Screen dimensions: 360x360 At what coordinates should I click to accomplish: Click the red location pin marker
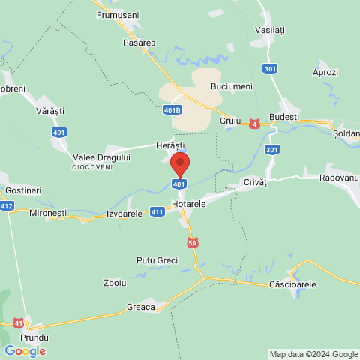pos(179,164)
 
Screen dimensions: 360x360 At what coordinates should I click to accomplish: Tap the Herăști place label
pos(169,145)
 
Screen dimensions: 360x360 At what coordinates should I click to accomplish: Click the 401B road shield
pos(172,110)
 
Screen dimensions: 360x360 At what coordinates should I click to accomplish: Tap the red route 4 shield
pos(255,124)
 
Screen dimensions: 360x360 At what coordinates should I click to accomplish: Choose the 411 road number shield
pos(157,212)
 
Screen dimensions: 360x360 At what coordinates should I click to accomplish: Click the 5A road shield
pos(193,242)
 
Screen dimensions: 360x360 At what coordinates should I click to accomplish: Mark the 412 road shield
pos(7,205)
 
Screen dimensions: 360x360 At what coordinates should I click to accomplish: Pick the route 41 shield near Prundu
pos(18,322)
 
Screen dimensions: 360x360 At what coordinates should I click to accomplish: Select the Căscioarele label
pos(292,285)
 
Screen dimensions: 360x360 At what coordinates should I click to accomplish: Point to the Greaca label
pos(141,307)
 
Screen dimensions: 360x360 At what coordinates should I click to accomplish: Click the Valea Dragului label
pos(102,157)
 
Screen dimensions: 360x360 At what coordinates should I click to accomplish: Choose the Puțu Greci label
pos(157,260)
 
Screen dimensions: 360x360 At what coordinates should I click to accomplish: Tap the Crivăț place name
pos(255,183)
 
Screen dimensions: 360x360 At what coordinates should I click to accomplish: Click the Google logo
pos(25,350)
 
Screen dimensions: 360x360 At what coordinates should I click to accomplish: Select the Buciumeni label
pos(232,87)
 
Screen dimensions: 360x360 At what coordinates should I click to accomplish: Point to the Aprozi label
pos(325,73)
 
